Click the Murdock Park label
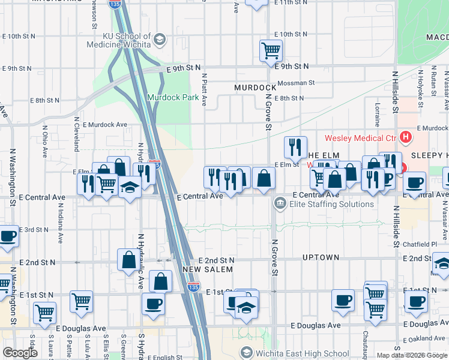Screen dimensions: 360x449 click(x=173, y=97)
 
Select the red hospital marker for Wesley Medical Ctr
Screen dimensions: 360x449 click(x=406, y=137)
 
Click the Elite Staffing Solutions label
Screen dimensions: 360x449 click(x=331, y=204)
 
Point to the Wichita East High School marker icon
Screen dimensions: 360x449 click(x=246, y=352)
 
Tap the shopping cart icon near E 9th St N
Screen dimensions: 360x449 click(x=271, y=50)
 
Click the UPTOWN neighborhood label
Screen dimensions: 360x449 click(x=321, y=257)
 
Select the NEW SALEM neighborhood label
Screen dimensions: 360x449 click(x=207, y=269)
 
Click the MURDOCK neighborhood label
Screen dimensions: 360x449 click(x=255, y=88)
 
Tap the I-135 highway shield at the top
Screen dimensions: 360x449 click(x=115, y=4)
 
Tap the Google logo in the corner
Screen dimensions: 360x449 click(x=20, y=353)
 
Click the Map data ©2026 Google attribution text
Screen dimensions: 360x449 click(x=411, y=355)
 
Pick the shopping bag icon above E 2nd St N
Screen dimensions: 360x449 click(x=129, y=259)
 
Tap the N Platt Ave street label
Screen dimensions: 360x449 click(x=204, y=90)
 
